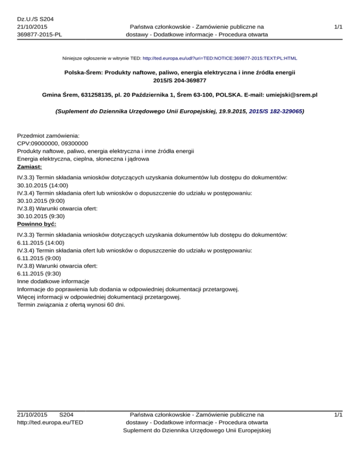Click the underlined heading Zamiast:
pos(29,166)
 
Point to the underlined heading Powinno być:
pos(37,224)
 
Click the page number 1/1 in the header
pos(338,27)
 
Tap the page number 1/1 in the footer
pos(338,414)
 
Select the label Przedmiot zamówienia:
pos(48,135)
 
